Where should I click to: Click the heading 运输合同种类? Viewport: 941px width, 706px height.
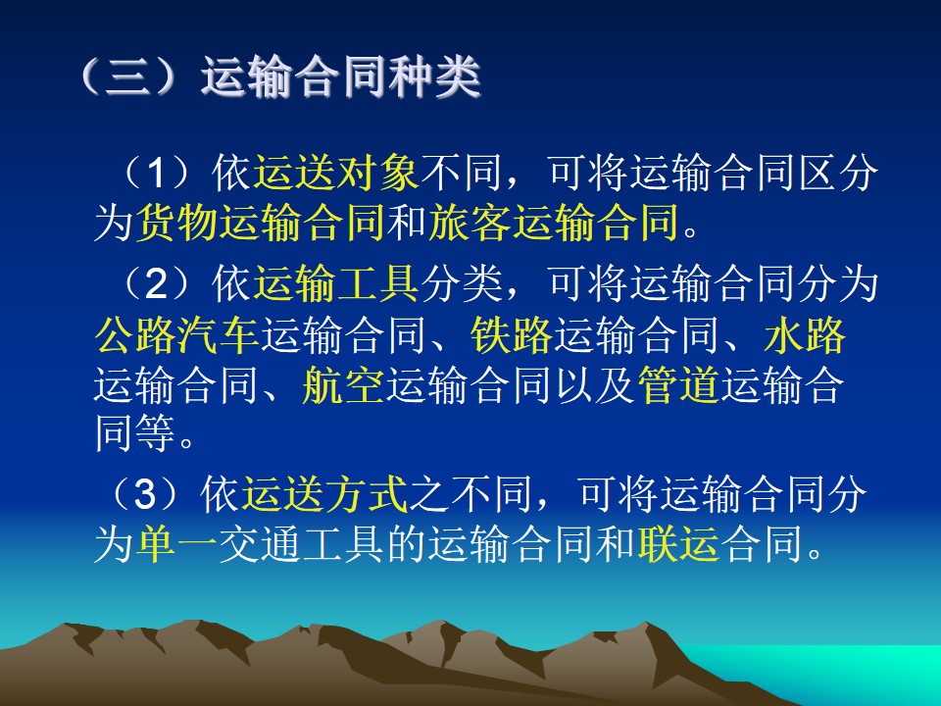click(x=341, y=76)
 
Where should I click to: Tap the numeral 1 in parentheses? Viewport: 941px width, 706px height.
click(x=156, y=173)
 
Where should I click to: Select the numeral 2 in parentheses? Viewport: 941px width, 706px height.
click(x=156, y=283)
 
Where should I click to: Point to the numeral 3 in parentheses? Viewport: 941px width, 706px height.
click(x=145, y=494)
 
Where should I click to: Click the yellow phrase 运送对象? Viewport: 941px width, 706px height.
click(x=336, y=173)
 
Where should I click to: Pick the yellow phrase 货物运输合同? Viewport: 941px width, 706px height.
click(x=261, y=223)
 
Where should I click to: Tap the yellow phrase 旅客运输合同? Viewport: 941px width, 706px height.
click(x=553, y=223)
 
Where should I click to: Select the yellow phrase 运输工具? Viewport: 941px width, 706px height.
click(x=336, y=283)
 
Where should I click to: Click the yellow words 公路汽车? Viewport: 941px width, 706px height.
click(x=177, y=334)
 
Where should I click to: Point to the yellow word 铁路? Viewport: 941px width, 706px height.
click(x=512, y=334)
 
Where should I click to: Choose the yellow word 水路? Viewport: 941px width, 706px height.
click(x=805, y=334)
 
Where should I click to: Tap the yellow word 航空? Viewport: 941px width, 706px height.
click(x=343, y=384)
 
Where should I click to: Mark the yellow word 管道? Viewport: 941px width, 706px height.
click(x=678, y=384)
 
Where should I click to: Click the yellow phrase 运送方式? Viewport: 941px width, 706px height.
click(x=324, y=494)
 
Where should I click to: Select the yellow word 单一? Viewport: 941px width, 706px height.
click(x=177, y=544)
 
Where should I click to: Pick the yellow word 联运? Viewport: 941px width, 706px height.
click(x=678, y=544)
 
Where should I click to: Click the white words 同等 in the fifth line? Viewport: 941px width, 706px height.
click(x=135, y=432)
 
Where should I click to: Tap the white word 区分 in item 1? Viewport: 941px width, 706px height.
click(x=838, y=173)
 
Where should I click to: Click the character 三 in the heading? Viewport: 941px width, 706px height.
click(x=127, y=76)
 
